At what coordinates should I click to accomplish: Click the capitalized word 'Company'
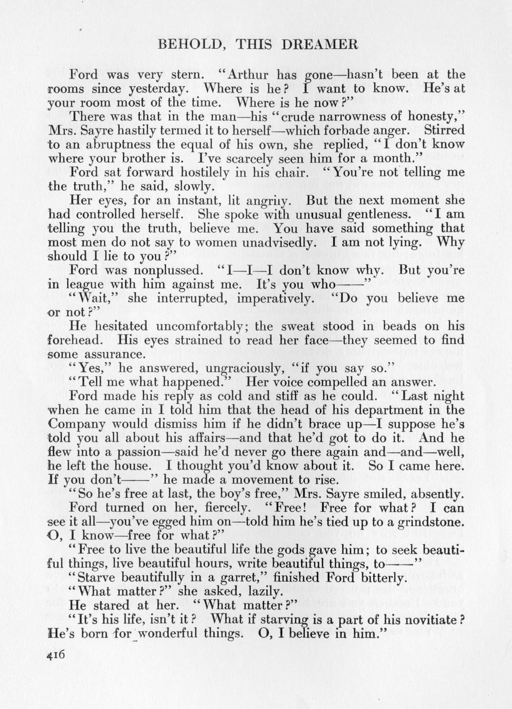click(77, 424)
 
